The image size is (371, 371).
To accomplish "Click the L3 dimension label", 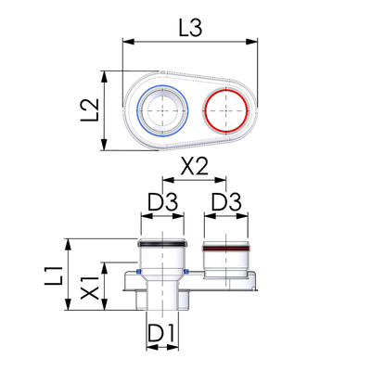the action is pos(190,29).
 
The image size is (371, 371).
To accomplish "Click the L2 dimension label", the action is pos(90,110).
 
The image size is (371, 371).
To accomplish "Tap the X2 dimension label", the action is pos(195,167).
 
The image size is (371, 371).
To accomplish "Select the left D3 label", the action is pos(162,202).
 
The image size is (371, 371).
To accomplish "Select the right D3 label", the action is pos(226,202).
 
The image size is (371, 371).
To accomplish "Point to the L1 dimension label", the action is pos(54,275).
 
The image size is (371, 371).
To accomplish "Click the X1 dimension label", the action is pos(90,288).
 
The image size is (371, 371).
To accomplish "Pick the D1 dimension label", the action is pos(160,334).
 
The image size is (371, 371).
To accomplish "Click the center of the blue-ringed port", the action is pos(162,110).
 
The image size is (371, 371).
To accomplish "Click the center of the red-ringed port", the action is pos(226,110).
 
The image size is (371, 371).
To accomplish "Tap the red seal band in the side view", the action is pos(226,249).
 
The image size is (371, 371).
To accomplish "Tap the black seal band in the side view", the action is pos(161,244).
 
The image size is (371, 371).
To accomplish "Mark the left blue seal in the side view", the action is pos(138,272).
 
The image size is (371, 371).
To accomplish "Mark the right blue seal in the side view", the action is pos(185,272).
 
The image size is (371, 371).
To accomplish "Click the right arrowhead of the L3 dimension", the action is pos(251,42).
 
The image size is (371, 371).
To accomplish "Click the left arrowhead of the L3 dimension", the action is pos(129,42).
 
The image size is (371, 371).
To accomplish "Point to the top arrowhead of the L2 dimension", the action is pos(105,77).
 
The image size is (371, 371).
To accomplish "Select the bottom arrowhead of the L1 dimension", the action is pos(69,304).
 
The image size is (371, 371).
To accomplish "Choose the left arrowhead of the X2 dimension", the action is pos(169,180).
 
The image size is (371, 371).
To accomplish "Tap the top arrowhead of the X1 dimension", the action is pos(105,268).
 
